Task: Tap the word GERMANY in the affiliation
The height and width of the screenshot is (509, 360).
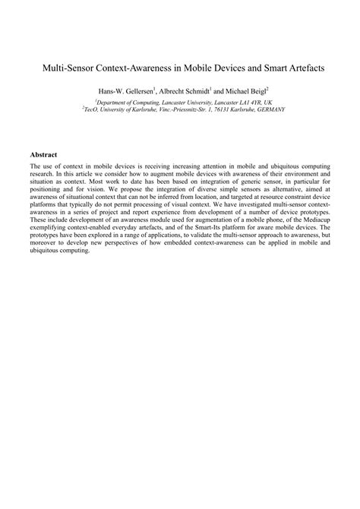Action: click(270, 109)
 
